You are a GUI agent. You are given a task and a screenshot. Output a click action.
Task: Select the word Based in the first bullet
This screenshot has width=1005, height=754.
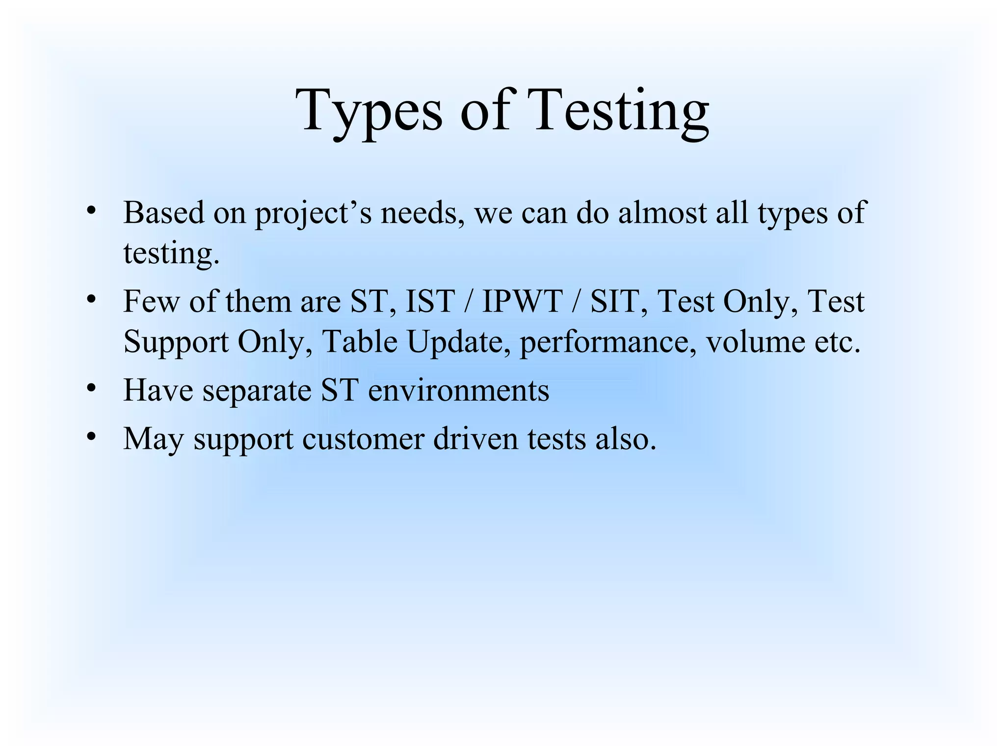tap(163, 213)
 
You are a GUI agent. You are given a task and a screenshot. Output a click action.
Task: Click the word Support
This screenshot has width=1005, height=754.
tap(176, 343)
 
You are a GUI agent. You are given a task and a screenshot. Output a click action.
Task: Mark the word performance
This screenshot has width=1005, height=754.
tap(608, 343)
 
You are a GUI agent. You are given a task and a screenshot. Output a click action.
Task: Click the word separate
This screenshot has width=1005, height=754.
tap(257, 391)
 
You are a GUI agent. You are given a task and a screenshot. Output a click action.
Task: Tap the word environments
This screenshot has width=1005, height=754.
tap(458, 390)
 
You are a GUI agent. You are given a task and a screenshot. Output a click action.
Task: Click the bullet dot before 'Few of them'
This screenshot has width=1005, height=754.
tap(90, 299)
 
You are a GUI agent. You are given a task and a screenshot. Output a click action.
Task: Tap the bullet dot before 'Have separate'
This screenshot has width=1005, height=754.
tap(90, 388)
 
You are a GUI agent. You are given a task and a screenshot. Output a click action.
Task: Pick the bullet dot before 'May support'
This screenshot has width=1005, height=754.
tap(90, 436)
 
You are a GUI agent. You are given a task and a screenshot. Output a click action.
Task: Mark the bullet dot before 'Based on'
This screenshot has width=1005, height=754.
tap(90, 211)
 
